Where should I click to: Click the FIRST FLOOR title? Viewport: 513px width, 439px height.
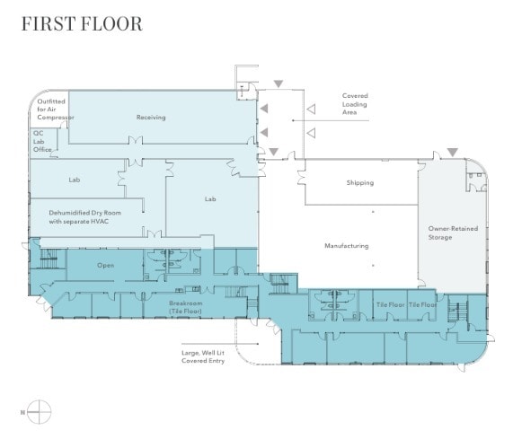(x=82, y=24)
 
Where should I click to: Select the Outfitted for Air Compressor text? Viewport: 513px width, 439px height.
(x=55, y=110)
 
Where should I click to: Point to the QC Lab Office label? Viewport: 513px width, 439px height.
(x=42, y=141)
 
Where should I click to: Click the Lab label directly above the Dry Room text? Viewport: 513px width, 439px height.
(x=75, y=180)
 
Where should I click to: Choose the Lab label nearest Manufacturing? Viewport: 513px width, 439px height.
(x=210, y=198)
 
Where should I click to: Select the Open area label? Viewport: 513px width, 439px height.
(x=105, y=265)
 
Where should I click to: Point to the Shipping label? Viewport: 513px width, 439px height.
(x=359, y=183)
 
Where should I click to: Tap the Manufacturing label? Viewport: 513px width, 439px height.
(x=346, y=246)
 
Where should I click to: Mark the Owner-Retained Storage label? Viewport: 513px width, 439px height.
(x=453, y=233)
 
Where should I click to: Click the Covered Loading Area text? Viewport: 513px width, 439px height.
(x=354, y=105)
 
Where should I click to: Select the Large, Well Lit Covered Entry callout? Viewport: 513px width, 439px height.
(x=203, y=356)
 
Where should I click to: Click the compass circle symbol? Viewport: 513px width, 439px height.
(x=40, y=412)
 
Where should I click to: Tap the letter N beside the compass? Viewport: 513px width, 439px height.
(x=21, y=412)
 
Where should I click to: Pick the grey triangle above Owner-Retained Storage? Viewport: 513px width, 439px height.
(x=453, y=152)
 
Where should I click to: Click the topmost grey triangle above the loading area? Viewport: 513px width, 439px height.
(x=279, y=84)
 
